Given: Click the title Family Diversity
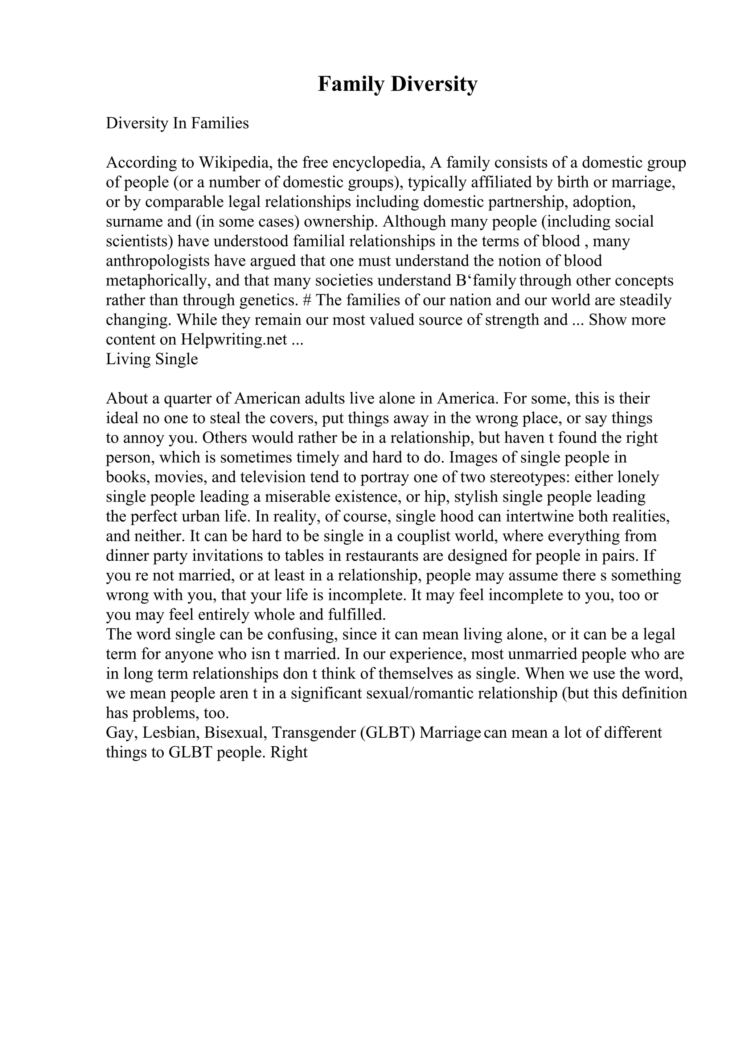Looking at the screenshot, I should click(397, 84).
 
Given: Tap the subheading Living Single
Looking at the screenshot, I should click(152, 359).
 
